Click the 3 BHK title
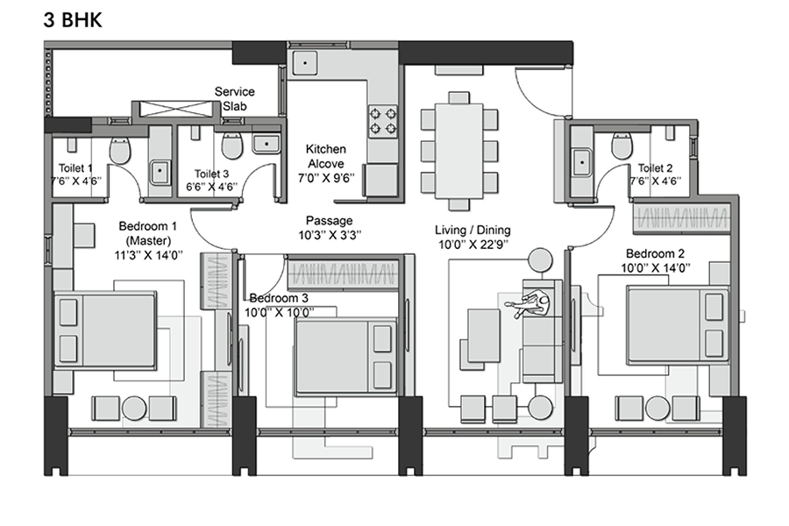tap(73, 20)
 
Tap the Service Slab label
tap(234, 99)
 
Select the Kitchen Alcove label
tap(326, 156)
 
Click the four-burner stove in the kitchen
tap(383, 121)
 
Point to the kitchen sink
tap(304, 63)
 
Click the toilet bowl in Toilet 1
tap(120, 150)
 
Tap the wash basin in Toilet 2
tap(582, 162)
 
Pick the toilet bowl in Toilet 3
tap(232, 146)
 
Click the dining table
tap(458, 150)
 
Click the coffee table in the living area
tap(484, 335)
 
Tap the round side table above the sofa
tap(540, 260)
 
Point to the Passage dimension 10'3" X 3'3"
tap(331, 235)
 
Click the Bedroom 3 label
tap(279, 298)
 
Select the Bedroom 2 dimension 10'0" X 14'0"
tap(655, 267)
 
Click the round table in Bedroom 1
tap(134, 409)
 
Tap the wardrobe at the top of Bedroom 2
tap(682, 218)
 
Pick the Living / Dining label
tap(473, 230)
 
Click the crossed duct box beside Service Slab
tap(174, 110)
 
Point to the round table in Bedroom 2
tap(657, 409)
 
